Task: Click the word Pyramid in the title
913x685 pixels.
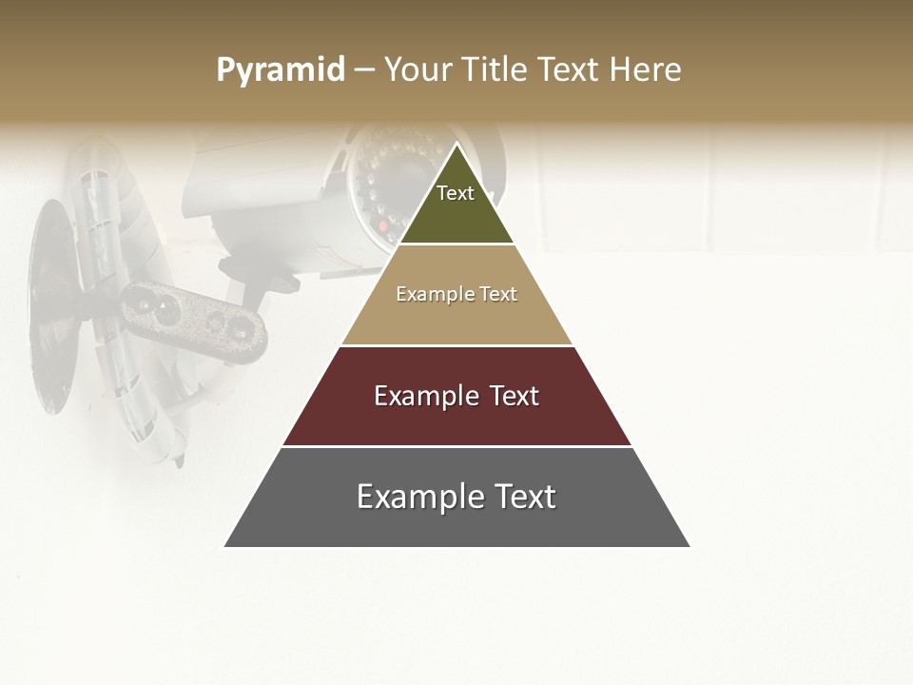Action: (x=281, y=69)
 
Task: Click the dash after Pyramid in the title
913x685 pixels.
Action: (x=364, y=70)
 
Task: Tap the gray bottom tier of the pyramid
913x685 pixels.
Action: (x=456, y=523)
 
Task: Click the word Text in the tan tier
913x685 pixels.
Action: (x=498, y=294)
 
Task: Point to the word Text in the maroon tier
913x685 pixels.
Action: (x=514, y=396)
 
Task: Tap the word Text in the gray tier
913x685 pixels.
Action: (x=525, y=497)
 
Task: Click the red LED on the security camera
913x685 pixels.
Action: (x=384, y=226)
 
